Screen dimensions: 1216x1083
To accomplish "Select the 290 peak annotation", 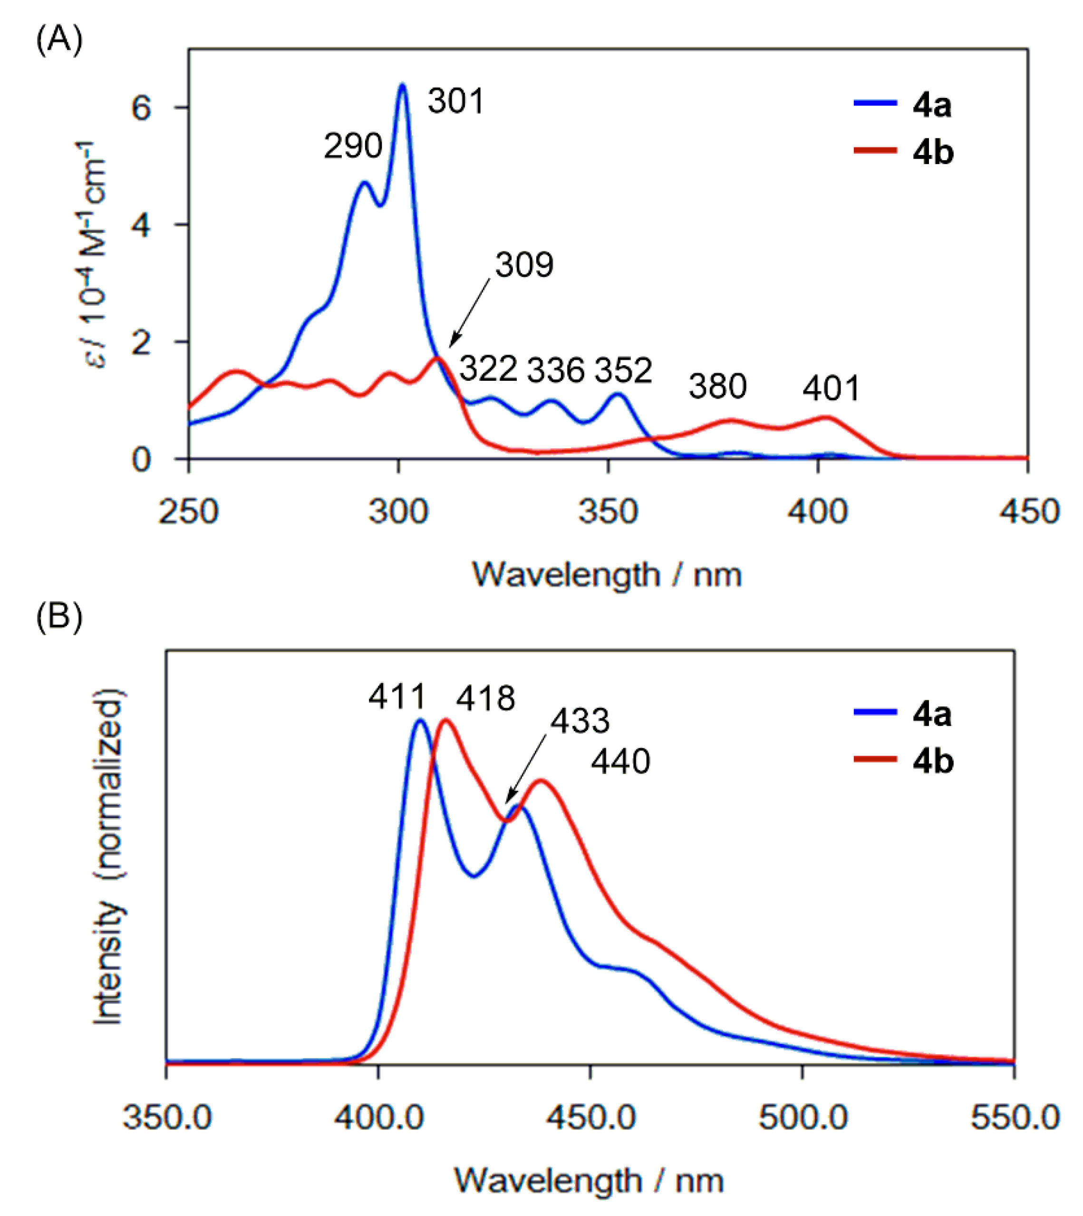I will click(352, 146).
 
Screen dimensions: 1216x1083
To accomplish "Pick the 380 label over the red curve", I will click(717, 386).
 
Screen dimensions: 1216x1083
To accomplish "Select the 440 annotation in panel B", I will click(620, 762).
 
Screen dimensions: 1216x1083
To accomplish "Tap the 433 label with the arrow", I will click(580, 722).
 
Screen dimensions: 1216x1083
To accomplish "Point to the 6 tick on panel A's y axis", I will click(141, 108).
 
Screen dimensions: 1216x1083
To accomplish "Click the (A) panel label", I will click(59, 42).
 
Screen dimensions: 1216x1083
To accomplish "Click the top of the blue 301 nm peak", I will click(403, 85).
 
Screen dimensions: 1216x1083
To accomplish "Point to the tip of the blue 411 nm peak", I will click(419, 721).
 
